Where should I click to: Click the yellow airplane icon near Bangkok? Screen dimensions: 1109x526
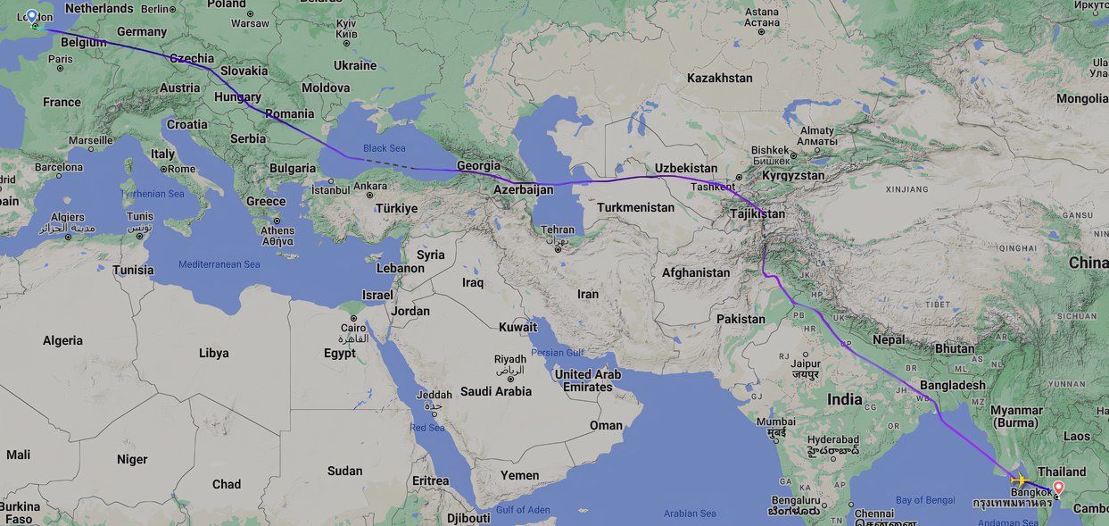(1019, 480)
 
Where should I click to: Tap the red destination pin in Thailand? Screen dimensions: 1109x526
(1059, 488)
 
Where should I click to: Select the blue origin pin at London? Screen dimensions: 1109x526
(33, 17)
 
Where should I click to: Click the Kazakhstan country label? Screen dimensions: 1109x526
(719, 78)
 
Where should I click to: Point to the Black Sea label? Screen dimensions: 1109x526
(384, 148)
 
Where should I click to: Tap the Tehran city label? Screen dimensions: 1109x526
(558, 230)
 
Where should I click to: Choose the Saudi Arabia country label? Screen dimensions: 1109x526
(496, 391)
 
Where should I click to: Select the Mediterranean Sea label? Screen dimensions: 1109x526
(219, 264)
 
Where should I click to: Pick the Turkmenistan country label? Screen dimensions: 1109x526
(635, 207)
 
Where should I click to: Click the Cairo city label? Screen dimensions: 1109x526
(353, 328)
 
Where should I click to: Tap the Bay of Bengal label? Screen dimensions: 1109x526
(923, 500)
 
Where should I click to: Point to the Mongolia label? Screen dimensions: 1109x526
(1082, 98)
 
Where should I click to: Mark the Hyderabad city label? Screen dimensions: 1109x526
(833, 439)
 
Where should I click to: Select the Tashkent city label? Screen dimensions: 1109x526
(712, 187)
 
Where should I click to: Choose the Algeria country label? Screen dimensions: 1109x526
(62, 340)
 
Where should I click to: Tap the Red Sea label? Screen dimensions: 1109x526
(427, 428)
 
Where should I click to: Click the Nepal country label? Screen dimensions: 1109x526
(889, 339)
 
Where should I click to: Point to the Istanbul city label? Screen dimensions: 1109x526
(331, 189)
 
